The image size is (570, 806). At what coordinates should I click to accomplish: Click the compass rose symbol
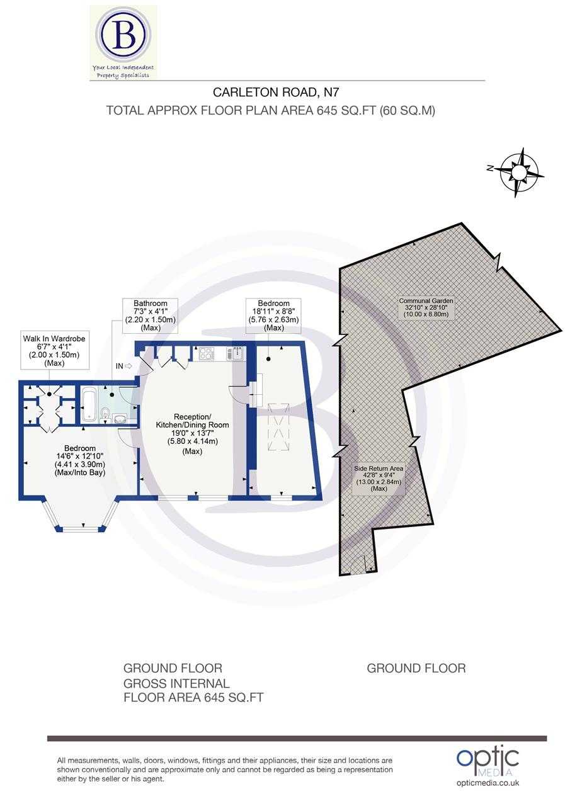click(520, 171)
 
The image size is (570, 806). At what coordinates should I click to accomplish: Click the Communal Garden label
click(426, 307)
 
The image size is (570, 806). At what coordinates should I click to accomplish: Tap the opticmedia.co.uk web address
click(487, 783)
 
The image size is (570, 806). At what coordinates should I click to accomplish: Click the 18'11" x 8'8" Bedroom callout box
click(273, 315)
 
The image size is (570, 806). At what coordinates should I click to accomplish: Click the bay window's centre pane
click(81, 528)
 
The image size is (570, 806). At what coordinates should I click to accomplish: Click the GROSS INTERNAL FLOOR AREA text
click(193, 690)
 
